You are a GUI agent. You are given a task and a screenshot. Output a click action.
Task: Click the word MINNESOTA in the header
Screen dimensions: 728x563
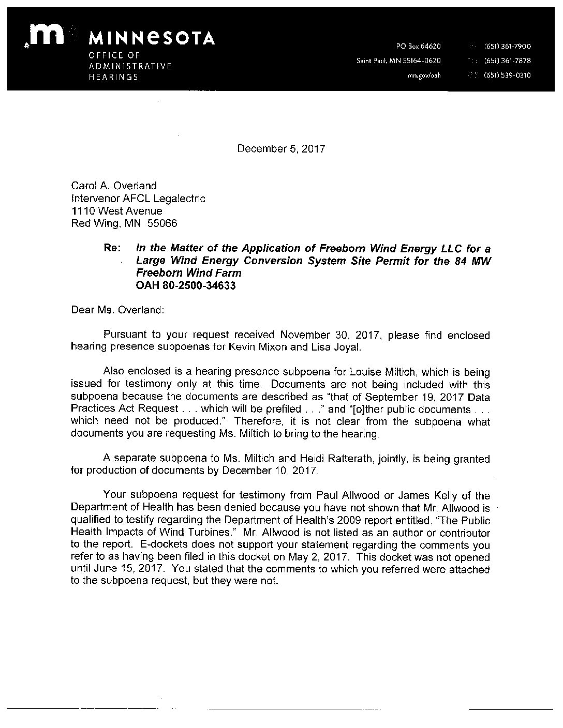click(x=152, y=38)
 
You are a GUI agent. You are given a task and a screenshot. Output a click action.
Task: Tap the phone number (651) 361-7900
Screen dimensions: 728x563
click(x=507, y=47)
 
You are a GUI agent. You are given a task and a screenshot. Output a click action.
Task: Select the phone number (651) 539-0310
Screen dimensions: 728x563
click(x=507, y=75)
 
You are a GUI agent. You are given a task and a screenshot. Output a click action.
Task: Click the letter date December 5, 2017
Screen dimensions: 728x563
click(x=281, y=149)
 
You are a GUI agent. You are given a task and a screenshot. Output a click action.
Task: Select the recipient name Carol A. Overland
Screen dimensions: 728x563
click(x=113, y=186)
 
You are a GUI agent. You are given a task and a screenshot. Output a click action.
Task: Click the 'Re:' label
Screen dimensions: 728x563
click(x=113, y=248)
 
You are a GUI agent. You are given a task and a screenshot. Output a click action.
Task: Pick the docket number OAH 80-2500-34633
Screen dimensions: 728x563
click(x=186, y=285)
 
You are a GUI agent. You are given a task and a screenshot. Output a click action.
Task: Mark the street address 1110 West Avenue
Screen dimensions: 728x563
click(x=116, y=211)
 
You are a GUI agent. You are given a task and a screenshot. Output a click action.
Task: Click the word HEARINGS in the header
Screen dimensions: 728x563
click(x=113, y=78)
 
